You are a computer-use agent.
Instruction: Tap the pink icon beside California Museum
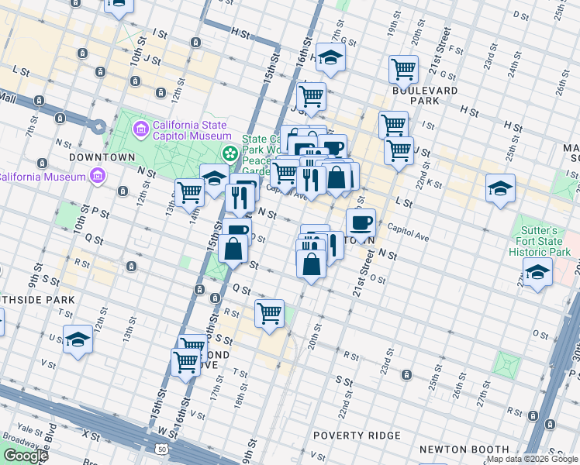click(x=97, y=177)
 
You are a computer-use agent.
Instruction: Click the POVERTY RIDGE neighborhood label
click(x=357, y=436)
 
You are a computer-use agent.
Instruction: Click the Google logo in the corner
click(x=26, y=456)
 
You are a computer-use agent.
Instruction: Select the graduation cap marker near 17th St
click(x=330, y=57)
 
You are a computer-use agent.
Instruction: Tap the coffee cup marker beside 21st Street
click(x=361, y=223)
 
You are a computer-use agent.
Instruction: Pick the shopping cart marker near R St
click(x=269, y=313)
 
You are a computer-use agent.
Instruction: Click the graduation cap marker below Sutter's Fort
click(x=537, y=273)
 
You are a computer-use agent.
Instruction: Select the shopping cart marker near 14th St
click(x=189, y=192)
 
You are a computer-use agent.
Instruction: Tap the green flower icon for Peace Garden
click(x=229, y=153)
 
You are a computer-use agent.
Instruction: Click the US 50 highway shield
click(x=161, y=449)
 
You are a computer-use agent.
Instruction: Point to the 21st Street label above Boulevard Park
click(x=444, y=49)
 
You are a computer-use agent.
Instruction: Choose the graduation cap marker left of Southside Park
click(x=78, y=339)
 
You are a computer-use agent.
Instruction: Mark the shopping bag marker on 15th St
click(x=233, y=249)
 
